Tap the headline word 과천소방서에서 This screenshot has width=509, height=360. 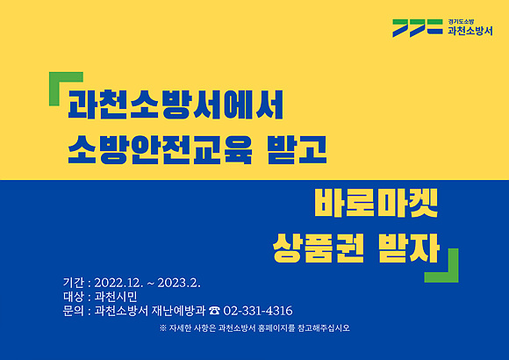tap(176, 105)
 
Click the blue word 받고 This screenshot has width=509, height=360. tap(297, 150)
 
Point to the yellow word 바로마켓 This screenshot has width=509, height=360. tap(376, 203)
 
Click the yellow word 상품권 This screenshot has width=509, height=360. tap(318, 248)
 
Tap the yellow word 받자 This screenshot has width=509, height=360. tap(409, 248)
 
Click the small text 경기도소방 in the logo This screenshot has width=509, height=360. tap(461, 22)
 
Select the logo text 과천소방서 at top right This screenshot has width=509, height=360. tap(470, 31)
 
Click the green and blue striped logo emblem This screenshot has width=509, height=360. tap(418, 28)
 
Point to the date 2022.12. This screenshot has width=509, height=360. tap(118, 283)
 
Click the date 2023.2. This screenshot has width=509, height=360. tap(179, 283)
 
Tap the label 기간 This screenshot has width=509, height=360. tap(74, 283)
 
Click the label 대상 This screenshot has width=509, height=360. tap(74, 297)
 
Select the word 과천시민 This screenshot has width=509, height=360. tap(116, 297)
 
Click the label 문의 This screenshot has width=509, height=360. tap(74, 311)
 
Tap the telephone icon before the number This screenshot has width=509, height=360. tap(214, 311)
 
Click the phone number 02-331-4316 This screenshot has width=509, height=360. tap(258, 311)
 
